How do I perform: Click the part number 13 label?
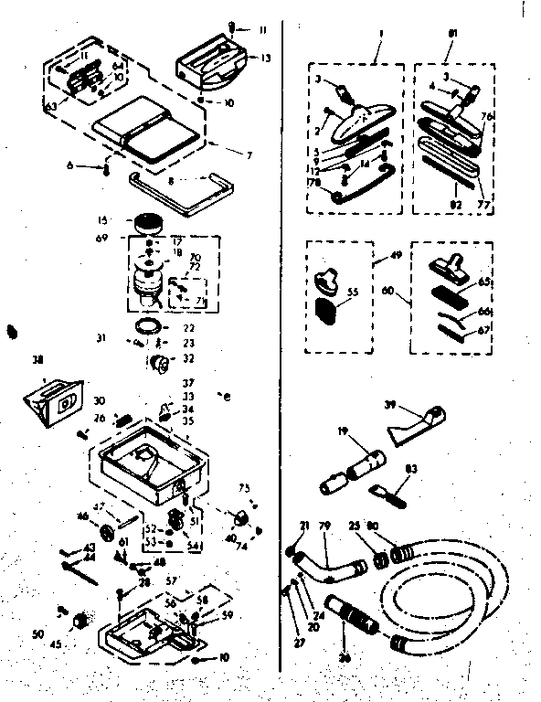point(266,58)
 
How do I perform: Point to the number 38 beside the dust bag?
point(37,359)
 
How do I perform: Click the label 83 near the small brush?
point(411,469)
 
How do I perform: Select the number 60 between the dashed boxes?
point(389,291)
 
